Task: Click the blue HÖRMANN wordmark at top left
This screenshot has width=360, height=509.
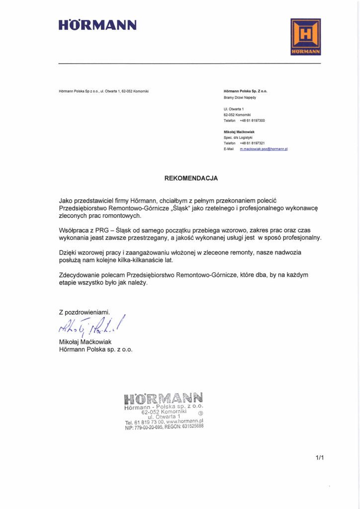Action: pyautogui.click(x=97, y=25)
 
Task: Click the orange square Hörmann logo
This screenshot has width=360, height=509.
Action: pyautogui.click(x=305, y=37)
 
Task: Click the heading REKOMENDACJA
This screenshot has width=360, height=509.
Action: pyautogui.click(x=191, y=177)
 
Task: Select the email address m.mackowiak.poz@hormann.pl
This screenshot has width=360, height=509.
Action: pyautogui.click(x=264, y=149)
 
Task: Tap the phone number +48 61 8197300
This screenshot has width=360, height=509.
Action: pyautogui.click(x=252, y=120)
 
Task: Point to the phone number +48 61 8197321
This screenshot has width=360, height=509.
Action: pyautogui.click(x=252, y=143)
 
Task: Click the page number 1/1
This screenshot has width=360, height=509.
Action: pyautogui.click(x=319, y=458)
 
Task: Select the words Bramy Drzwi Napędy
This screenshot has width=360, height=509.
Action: pyautogui.click(x=240, y=97)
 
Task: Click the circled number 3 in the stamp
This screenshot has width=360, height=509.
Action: pyautogui.click(x=200, y=413)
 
